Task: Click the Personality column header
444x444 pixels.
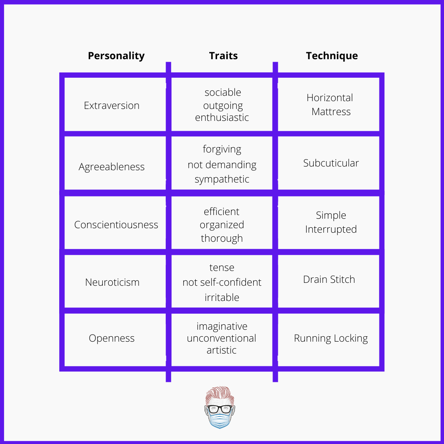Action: [116, 56]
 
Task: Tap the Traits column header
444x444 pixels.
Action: [223, 56]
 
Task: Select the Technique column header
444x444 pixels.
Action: [332, 56]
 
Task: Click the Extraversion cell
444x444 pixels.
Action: [111, 105]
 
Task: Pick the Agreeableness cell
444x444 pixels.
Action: [111, 167]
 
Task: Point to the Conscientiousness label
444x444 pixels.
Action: [116, 224]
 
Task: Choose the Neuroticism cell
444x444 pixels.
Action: [112, 282]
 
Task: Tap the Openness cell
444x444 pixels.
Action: [111, 338]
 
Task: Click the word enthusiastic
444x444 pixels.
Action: [222, 117]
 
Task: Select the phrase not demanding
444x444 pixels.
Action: [222, 164]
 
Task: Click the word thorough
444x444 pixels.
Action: [222, 238]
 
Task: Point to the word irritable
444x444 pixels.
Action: [222, 297]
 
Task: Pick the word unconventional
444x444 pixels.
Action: [222, 338]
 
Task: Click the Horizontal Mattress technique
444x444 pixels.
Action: [330, 104]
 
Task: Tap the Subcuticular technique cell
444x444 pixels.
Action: [331, 163]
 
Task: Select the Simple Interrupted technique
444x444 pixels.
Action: [331, 222]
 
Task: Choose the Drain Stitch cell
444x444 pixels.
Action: [329, 279]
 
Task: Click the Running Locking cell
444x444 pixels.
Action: [331, 338]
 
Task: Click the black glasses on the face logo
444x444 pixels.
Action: [220, 409]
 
